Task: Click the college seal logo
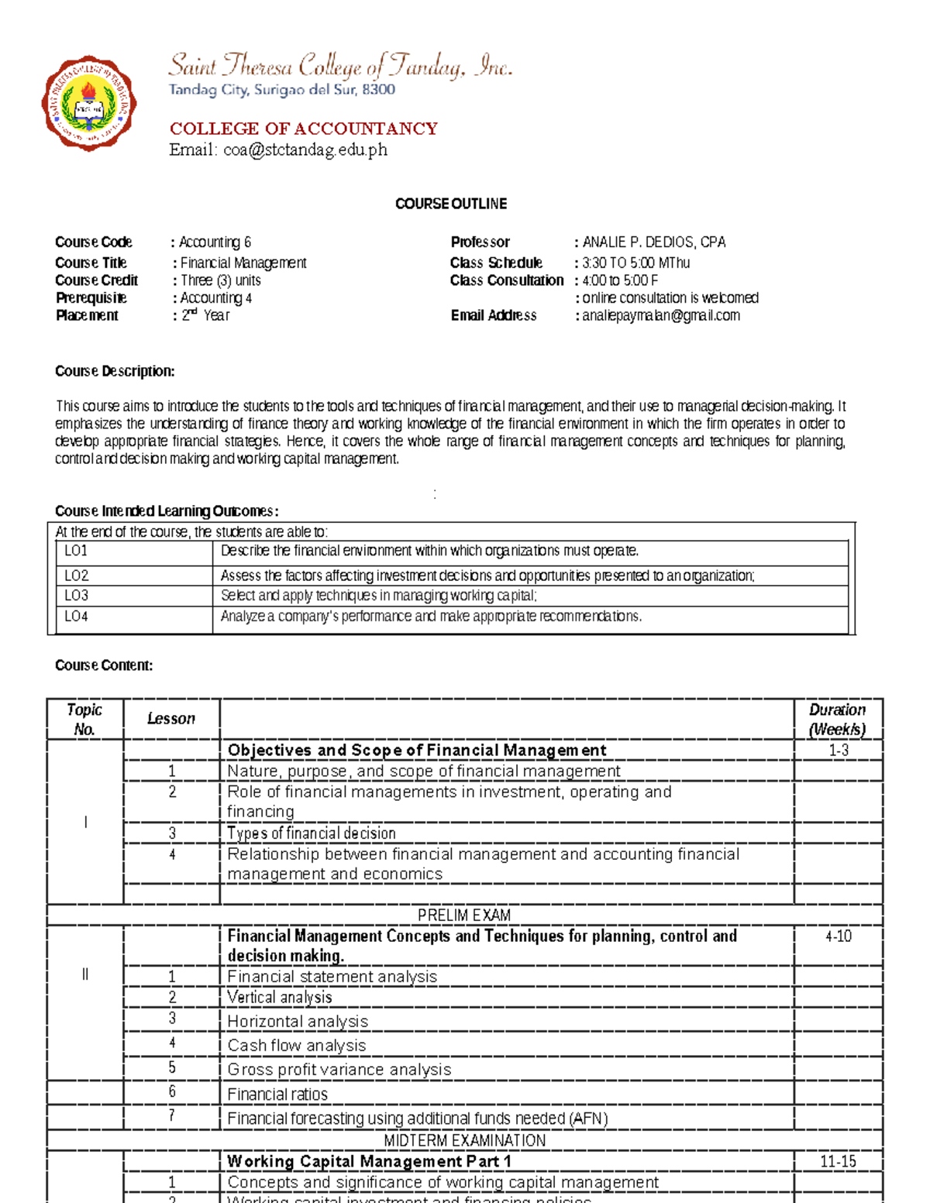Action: [x=89, y=104]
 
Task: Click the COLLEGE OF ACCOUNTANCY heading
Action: [x=303, y=129]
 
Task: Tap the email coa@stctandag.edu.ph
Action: [x=305, y=150]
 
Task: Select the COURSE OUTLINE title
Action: [x=450, y=204]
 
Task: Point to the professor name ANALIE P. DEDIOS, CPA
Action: [x=653, y=242]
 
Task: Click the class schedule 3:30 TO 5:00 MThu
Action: [x=635, y=263]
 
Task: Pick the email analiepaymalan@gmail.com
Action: [x=661, y=315]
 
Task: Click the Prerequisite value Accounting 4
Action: [x=215, y=298]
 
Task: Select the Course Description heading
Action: [x=115, y=371]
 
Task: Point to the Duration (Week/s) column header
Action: [x=837, y=720]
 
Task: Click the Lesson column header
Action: [x=171, y=719]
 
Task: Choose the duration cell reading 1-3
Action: [x=838, y=750]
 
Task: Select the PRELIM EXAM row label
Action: [x=463, y=915]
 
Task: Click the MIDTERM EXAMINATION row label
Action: [x=464, y=1140]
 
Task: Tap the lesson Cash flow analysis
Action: [x=296, y=1046]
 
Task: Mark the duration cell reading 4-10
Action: [x=838, y=937]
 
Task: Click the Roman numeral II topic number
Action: [x=85, y=974]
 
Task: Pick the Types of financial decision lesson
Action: [x=311, y=834]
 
